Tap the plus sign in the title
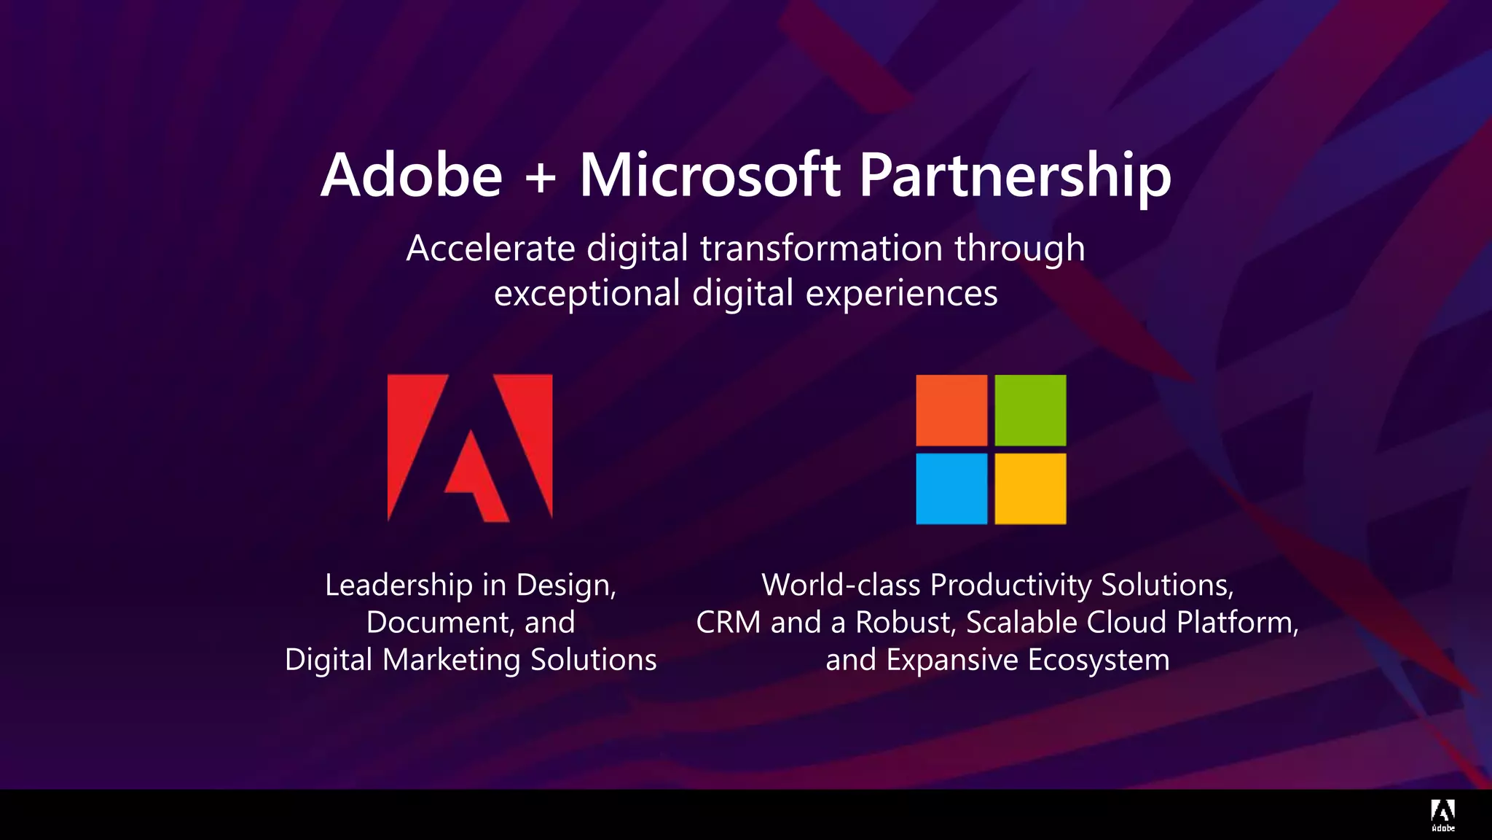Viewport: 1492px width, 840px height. (x=541, y=177)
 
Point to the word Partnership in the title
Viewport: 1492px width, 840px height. (x=1015, y=176)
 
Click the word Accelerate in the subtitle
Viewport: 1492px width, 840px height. (x=490, y=248)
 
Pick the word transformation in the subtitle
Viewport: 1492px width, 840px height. (x=822, y=248)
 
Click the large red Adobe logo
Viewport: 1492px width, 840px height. (x=470, y=448)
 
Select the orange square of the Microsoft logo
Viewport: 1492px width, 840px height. (x=951, y=410)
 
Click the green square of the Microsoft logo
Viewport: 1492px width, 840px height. (x=1030, y=410)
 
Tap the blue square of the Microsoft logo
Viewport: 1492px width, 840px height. (x=951, y=489)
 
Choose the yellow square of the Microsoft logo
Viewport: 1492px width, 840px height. (x=1030, y=489)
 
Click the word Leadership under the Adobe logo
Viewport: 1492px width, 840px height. (x=398, y=585)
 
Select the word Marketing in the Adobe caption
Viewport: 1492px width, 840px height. (x=452, y=660)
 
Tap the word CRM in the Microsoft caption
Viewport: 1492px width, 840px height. (x=729, y=622)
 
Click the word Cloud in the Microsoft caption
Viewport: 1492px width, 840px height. (x=1126, y=622)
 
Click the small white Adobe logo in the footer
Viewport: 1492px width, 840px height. (x=1442, y=814)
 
